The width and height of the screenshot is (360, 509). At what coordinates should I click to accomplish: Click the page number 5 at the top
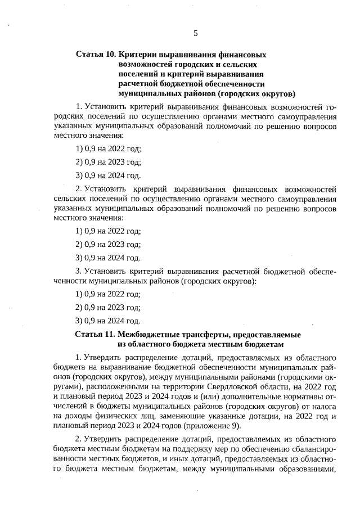195,33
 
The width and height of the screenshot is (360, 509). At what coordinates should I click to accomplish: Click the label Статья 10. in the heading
95,55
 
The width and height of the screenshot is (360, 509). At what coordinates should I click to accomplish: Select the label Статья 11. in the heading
95,334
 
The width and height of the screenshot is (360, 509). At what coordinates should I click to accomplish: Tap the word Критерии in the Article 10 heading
138,55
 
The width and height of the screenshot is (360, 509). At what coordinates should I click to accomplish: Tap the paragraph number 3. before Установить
79,271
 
